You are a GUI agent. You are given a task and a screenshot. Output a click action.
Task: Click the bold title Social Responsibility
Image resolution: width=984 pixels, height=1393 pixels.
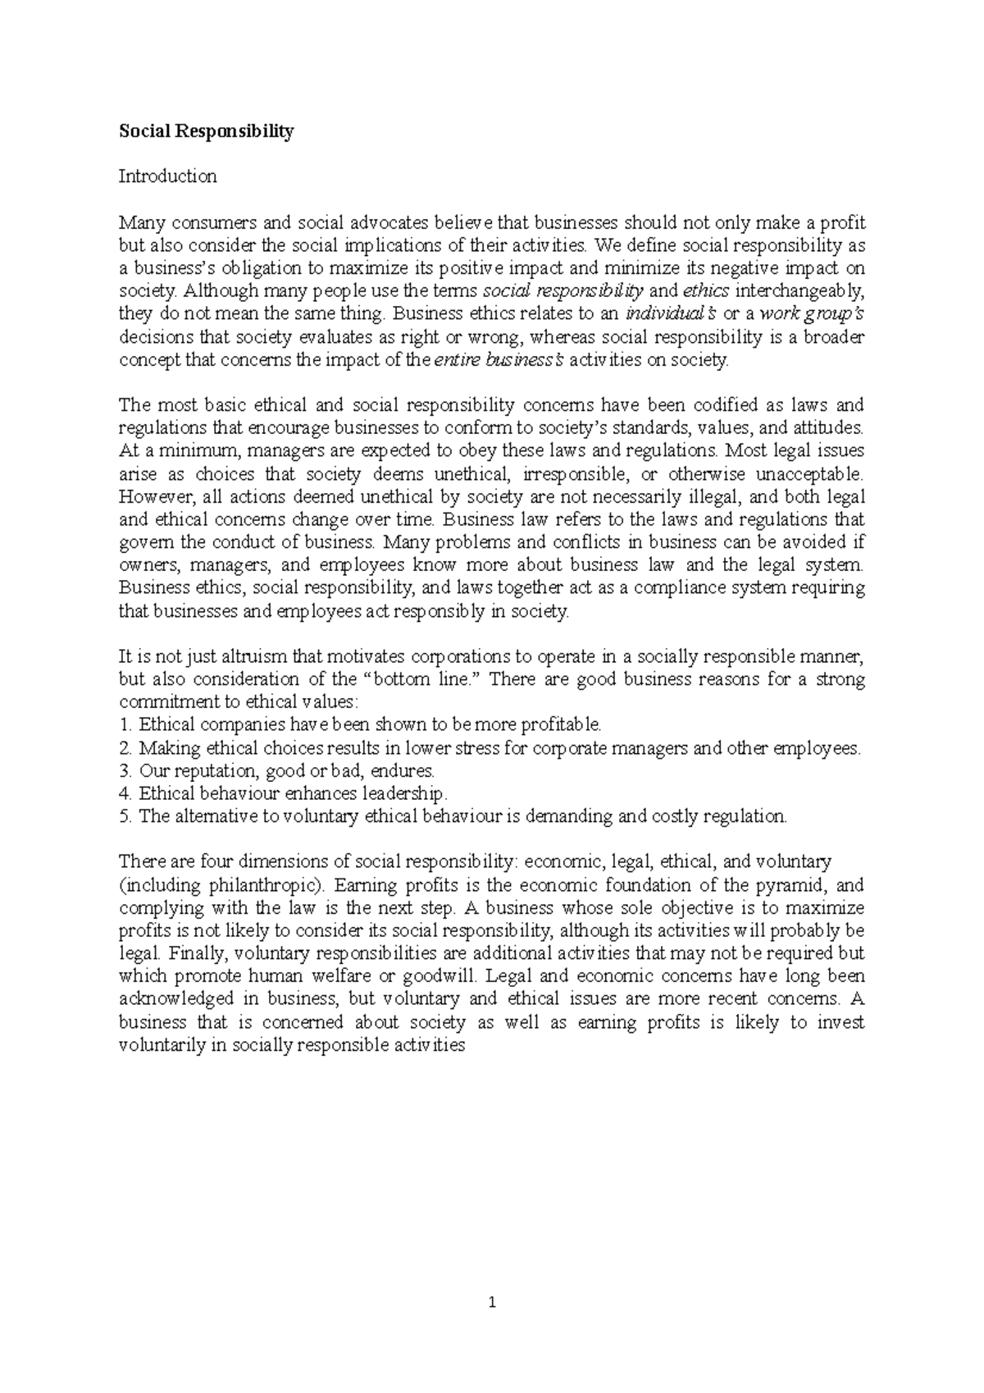point(206,131)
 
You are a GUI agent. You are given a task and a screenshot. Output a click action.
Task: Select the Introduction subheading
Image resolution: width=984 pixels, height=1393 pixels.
point(167,176)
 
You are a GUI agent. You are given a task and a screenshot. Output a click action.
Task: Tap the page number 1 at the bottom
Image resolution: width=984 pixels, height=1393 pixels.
point(492,1302)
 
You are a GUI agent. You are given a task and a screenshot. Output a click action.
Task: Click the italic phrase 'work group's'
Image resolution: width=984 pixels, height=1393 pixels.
point(812,314)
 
